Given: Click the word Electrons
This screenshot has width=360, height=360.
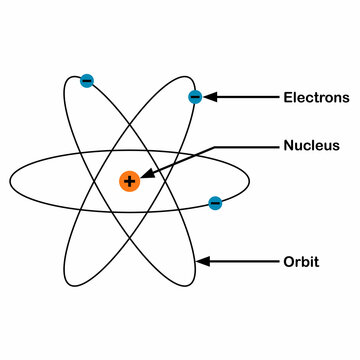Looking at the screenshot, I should point(316,98).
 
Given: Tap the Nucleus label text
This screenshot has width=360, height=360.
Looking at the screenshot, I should point(311,145).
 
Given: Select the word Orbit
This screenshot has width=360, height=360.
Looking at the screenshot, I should point(301,262).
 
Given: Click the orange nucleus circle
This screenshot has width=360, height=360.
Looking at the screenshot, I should point(129,181).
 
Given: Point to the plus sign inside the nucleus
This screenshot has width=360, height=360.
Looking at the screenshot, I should point(129,181).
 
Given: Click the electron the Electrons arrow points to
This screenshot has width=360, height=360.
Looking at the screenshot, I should point(195,97).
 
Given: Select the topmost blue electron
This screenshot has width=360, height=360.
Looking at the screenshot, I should point(87,80).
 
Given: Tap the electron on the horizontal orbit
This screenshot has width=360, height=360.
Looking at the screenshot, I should point(215,203).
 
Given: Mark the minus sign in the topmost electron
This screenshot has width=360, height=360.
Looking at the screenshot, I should point(87,80).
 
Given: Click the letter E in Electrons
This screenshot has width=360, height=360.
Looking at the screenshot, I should point(288,98).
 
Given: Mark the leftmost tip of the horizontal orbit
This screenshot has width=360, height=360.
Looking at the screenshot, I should point(10,181).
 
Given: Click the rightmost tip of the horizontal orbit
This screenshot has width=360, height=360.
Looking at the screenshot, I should point(250,181).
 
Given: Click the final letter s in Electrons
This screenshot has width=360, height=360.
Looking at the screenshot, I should point(346,99).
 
